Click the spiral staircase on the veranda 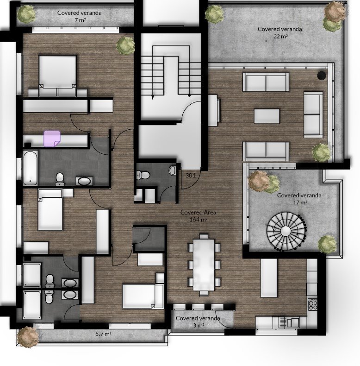coord(286,231)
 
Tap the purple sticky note coord(52,139)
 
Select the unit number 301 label coord(191,175)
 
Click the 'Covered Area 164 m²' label coord(198,216)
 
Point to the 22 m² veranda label coord(280,33)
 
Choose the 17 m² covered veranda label coord(299,199)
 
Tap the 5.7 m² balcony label coord(103,334)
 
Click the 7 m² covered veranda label coord(80,16)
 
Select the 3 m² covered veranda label coord(198,322)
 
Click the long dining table coord(204,265)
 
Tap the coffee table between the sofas coord(267,116)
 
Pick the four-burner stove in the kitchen coord(313,304)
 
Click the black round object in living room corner coord(322,75)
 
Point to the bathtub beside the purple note coord(31,167)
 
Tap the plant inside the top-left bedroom coord(126,45)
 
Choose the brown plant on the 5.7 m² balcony coord(28,337)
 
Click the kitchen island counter coord(269,278)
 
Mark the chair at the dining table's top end coord(204,236)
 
